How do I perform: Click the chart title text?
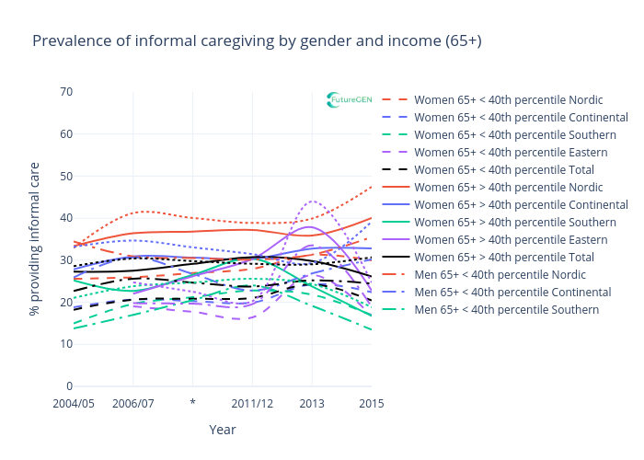click(x=257, y=41)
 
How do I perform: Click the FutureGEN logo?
click(x=350, y=99)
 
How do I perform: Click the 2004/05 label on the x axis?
click(x=74, y=404)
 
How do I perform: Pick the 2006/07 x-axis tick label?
click(x=133, y=404)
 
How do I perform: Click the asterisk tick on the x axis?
click(x=192, y=404)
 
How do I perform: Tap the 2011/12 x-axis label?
click(x=252, y=404)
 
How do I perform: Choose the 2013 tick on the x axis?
click(x=312, y=404)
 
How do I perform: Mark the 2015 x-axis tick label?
click(x=371, y=404)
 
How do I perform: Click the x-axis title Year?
click(x=222, y=430)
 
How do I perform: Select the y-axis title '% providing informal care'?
click(x=35, y=239)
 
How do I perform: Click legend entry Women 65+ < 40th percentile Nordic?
click(x=509, y=99)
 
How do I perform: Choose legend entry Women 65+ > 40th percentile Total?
click(x=503, y=258)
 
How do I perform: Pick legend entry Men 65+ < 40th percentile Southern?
click(x=506, y=310)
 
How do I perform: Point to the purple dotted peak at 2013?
click(x=313, y=201)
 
